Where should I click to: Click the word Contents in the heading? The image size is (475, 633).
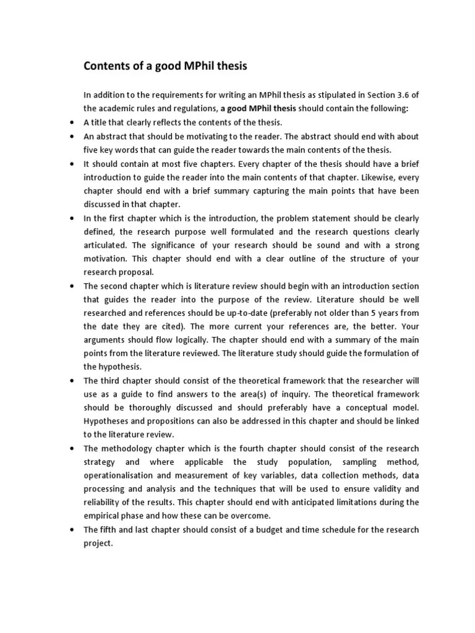107,66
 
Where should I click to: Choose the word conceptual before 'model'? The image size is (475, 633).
367,407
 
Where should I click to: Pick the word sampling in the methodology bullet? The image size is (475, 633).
355,462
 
